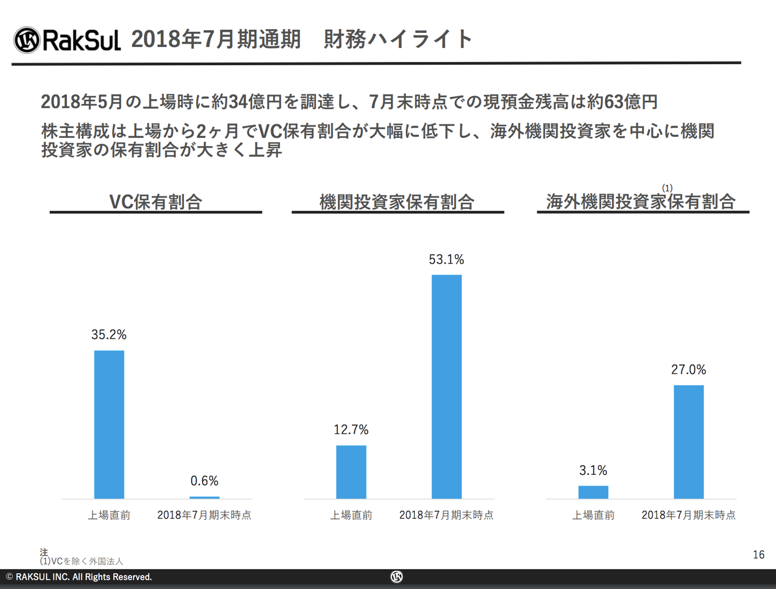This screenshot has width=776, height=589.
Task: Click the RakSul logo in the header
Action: click(x=67, y=40)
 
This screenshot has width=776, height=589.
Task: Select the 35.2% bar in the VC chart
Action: click(x=109, y=424)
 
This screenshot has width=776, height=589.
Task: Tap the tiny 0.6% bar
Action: click(x=205, y=497)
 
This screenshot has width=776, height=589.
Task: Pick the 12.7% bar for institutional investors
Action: click(x=351, y=472)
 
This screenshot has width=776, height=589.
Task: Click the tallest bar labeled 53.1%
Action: click(x=446, y=386)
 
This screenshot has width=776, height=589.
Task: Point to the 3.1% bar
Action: click(x=593, y=492)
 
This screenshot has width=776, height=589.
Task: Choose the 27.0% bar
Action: click(x=688, y=441)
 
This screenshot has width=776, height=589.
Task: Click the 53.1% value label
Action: click(x=446, y=260)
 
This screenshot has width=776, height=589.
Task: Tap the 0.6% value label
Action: click(x=204, y=481)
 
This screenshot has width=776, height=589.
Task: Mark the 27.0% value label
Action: click(x=688, y=370)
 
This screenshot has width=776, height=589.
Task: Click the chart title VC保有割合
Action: click(x=156, y=202)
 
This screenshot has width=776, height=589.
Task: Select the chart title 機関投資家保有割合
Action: click(x=397, y=202)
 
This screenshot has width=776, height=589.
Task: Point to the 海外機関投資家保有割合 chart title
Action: click(x=641, y=202)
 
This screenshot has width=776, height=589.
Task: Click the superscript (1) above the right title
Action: click(x=667, y=188)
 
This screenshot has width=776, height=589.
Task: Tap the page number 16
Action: click(x=758, y=555)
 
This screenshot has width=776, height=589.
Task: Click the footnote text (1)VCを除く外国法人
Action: click(x=82, y=561)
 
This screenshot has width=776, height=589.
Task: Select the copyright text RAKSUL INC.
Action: click(x=79, y=577)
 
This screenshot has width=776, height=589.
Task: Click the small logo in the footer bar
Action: click(x=397, y=577)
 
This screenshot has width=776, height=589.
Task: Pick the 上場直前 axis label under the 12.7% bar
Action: click(x=351, y=515)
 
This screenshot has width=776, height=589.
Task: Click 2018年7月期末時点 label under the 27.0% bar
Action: click(x=688, y=515)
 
